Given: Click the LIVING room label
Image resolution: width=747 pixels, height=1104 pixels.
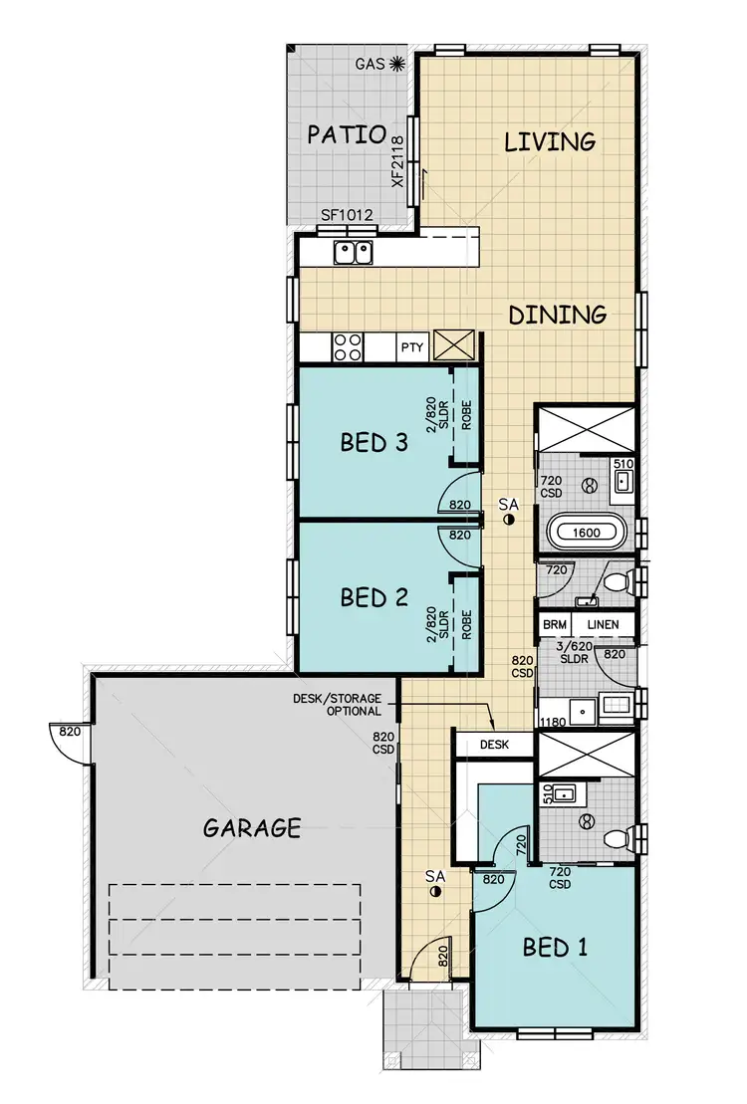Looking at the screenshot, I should [550, 141].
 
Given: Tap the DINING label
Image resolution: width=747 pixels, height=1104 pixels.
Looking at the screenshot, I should [558, 315].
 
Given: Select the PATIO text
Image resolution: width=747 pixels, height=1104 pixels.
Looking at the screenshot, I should [346, 134].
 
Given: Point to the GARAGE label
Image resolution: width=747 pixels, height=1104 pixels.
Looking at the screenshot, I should [252, 827].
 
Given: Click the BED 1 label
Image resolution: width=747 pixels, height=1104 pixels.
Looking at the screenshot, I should [555, 947].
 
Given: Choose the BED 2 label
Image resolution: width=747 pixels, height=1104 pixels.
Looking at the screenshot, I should [374, 597].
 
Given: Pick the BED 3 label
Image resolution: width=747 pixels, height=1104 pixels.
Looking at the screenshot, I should [374, 442].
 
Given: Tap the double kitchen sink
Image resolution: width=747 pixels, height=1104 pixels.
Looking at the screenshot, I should [352, 252].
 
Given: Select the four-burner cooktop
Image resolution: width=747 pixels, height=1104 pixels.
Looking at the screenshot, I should [348, 347].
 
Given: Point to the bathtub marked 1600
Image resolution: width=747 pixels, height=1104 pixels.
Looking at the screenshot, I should [586, 533].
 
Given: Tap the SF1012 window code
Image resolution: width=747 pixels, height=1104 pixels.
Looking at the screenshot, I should [344, 215].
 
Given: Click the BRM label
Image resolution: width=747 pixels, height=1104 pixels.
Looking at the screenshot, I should [554, 625].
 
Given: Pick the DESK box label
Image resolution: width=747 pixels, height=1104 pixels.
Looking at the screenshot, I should [494, 744].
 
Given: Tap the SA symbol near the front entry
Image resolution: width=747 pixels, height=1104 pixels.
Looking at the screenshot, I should [434, 883].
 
